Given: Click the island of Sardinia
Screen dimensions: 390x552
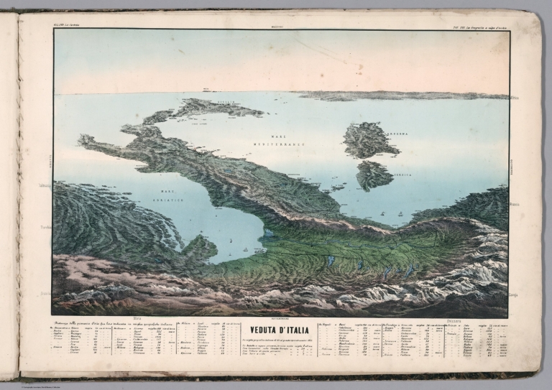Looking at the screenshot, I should click(369, 139).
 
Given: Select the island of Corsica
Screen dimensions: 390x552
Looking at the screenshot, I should click(374, 175).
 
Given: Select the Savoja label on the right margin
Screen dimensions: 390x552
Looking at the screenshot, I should click(514, 294).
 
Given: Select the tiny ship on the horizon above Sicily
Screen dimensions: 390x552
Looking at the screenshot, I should click(206, 90).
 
